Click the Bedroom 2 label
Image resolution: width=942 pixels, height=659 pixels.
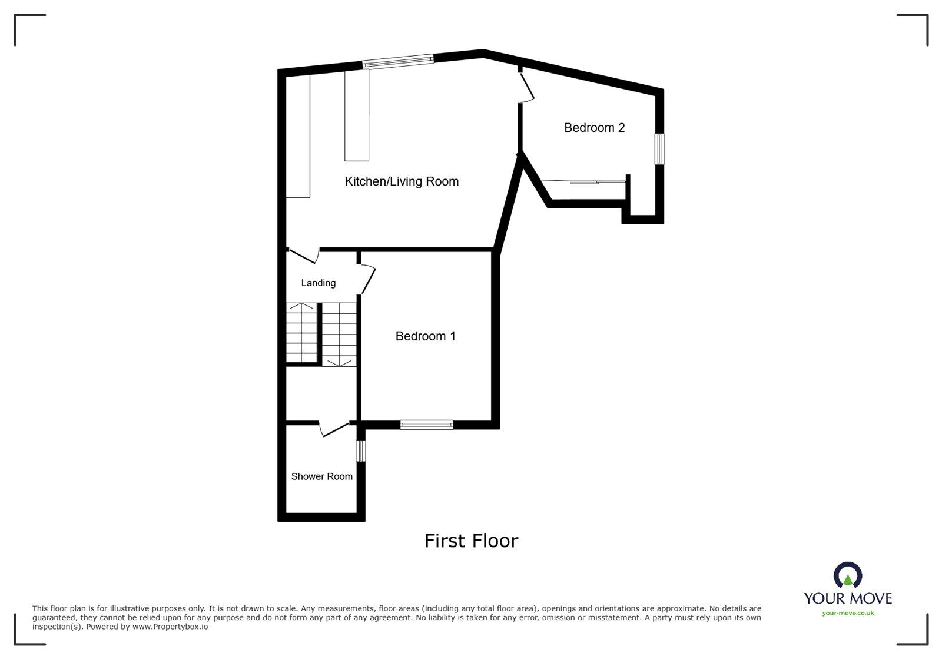click(594, 127)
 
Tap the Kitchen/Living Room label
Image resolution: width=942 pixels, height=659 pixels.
click(402, 181)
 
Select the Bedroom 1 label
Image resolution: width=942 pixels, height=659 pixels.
click(426, 336)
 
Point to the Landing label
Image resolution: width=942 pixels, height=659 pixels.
click(319, 283)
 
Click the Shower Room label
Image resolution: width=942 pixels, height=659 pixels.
click(321, 476)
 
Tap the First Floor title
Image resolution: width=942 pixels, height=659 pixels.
click(472, 541)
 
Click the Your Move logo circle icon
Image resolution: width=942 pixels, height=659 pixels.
click(848, 575)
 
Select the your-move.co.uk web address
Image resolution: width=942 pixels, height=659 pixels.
click(848, 613)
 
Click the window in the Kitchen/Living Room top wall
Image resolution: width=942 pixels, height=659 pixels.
click(398, 61)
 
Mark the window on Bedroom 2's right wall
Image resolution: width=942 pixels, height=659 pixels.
click(660, 149)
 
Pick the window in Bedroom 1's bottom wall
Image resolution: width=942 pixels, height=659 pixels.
click(427, 425)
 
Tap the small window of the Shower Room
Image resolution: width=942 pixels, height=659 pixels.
click(361, 451)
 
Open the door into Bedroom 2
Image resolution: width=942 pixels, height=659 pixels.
click(527, 87)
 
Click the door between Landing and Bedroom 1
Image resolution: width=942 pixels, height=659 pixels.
click(368, 279)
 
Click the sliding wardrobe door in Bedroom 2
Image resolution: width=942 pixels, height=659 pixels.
click(583, 181)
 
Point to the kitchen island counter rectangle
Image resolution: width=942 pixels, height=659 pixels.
click(357, 115)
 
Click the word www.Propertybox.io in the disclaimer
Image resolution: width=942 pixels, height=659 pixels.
click(170, 627)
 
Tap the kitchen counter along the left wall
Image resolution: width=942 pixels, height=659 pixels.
click(298, 136)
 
